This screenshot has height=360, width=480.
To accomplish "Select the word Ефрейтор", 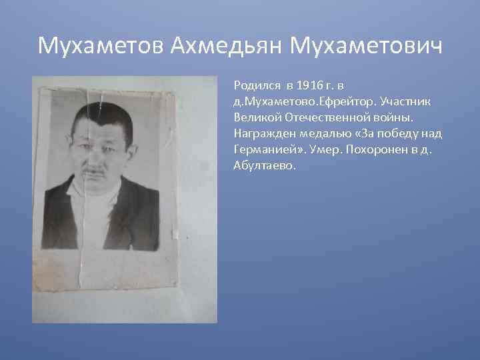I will point(348,101).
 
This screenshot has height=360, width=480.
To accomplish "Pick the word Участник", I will point(408,101).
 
